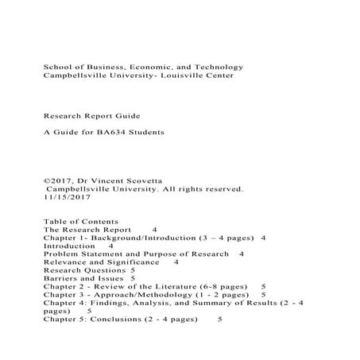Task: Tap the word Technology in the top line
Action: coord(217,67)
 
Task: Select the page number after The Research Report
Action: coord(155,229)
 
